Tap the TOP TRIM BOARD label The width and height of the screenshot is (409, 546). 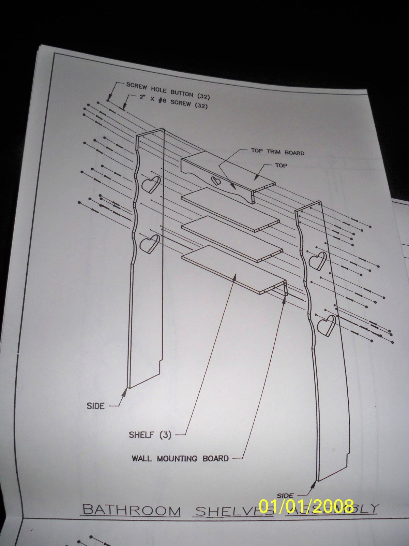coord(277,152)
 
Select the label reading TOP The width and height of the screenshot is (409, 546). coord(282,166)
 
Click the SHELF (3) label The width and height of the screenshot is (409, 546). coord(150,435)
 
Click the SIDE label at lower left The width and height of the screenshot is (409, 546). coord(96,406)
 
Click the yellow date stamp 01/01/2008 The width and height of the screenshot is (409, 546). coord(306,506)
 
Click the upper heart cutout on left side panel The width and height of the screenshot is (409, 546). coord(150,185)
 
